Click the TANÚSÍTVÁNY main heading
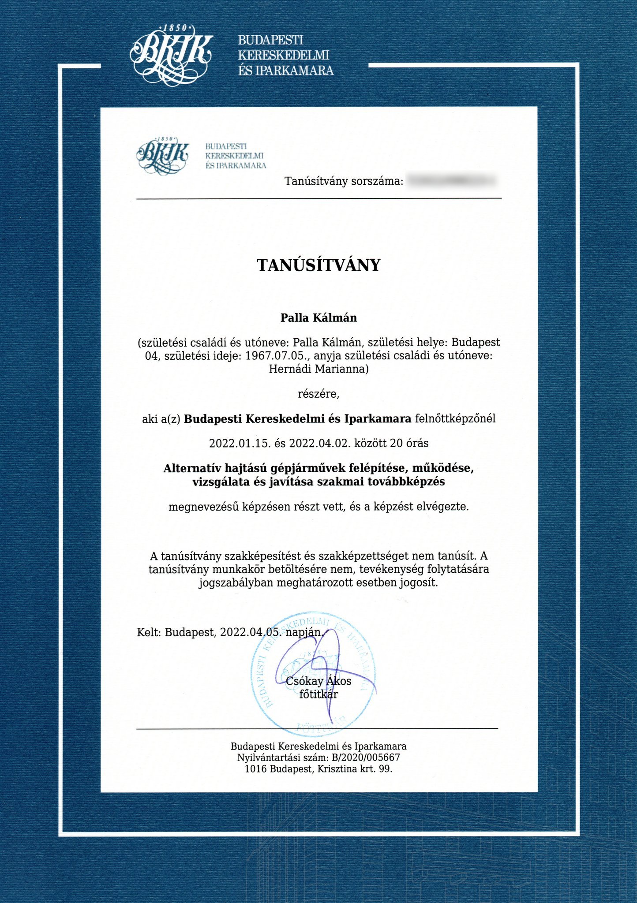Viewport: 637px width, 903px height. coord(318,265)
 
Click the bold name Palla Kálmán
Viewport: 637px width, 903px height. coord(318,318)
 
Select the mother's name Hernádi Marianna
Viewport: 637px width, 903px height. coord(318,369)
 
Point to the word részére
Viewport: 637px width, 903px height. coord(318,394)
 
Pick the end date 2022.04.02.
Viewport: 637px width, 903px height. coord(320,443)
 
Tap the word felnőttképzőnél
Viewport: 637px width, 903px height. coord(455,418)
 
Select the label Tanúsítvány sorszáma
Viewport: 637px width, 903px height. coord(344,181)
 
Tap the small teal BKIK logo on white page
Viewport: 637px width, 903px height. coord(163,154)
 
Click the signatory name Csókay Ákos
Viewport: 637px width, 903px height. coord(318,681)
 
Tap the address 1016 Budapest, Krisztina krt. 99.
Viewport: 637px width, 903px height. coord(318,769)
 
